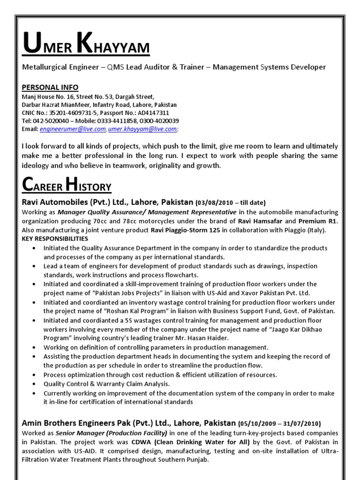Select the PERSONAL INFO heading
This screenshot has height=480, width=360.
50,88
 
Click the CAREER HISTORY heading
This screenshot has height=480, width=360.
67,187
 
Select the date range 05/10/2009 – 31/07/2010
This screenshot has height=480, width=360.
279,423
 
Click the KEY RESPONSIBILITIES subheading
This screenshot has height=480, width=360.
55,239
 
